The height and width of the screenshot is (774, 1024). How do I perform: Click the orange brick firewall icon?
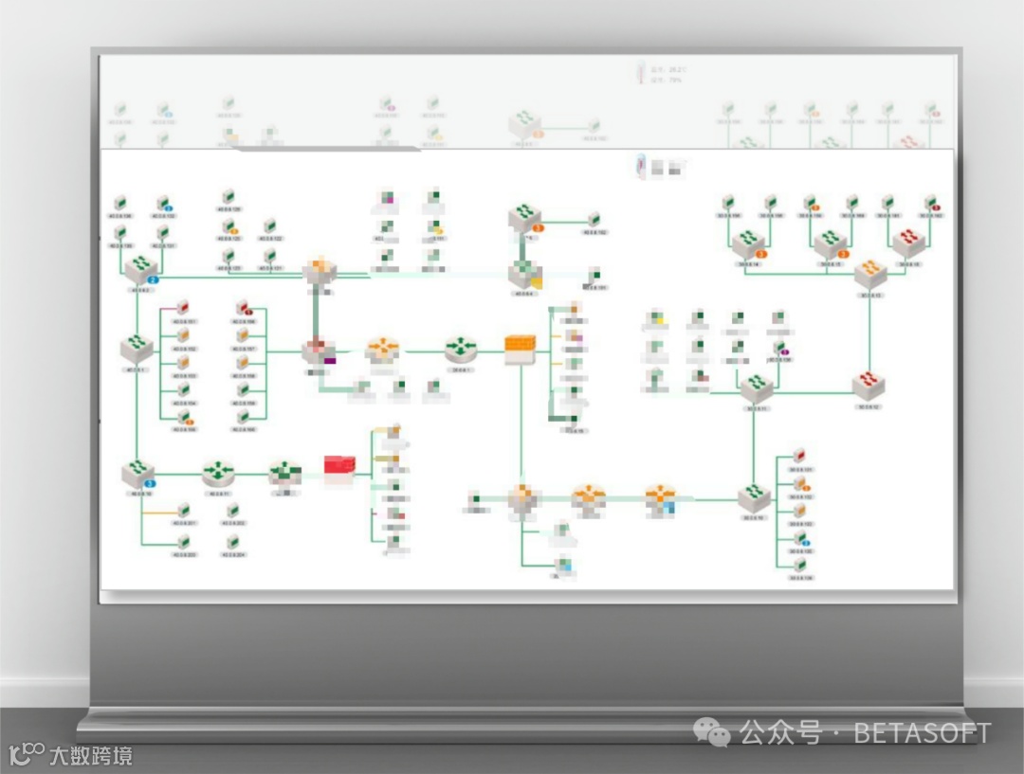point(520,350)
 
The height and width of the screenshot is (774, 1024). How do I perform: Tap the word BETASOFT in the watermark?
point(922,732)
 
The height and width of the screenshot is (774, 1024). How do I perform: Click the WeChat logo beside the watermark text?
point(711,731)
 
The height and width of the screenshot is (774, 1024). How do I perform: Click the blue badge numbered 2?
point(153,280)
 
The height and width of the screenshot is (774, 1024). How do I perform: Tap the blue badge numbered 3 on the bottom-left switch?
point(150,484)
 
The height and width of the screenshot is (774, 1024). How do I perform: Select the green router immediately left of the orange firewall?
point(461,348)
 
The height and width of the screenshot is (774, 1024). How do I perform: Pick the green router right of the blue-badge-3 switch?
point(218,471)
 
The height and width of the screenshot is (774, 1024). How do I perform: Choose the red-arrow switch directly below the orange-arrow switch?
point(869,384)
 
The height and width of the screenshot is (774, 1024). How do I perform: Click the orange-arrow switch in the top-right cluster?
point(869,272)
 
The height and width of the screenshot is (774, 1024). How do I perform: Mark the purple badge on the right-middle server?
point(785,352)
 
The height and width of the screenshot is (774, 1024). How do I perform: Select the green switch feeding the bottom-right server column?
point(754,496)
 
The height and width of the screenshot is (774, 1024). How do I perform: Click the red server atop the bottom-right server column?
point(798,456)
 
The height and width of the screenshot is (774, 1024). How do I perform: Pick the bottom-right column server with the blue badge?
point(801,540)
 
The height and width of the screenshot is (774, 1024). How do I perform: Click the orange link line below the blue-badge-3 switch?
point(159,513)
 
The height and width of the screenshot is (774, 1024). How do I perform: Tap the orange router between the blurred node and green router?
point(383,350)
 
